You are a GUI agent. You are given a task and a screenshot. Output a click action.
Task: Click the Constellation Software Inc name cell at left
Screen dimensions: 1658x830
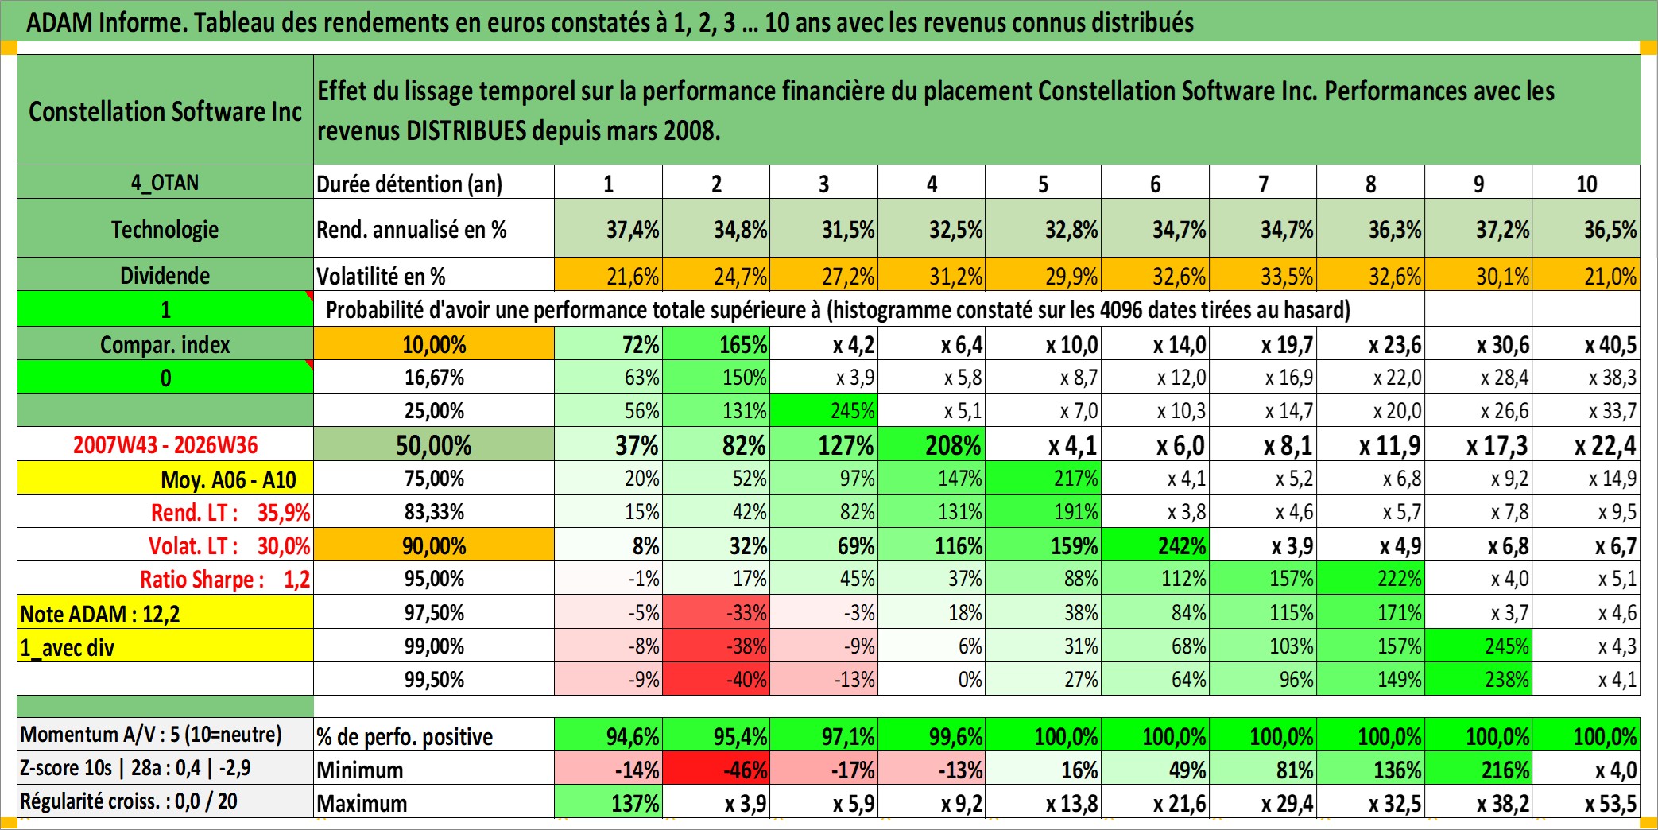tap(165, 110)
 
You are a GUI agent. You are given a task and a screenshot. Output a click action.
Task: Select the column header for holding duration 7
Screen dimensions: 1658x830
tap(1263, 183)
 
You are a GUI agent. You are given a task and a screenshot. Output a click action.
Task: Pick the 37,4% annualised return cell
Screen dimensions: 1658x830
tap(608, 229)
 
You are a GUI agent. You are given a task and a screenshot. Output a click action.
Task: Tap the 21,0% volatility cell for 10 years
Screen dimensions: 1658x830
tap(1586, 275)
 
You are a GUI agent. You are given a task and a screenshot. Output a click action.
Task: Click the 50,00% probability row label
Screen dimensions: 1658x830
tap(434, 445)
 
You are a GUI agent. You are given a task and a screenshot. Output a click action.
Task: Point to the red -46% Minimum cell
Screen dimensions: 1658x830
tap(716, 770)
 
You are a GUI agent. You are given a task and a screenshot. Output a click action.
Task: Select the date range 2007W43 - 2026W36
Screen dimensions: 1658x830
tap(165, 445)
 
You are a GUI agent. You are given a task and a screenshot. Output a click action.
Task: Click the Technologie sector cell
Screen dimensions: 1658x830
tap(165, 229)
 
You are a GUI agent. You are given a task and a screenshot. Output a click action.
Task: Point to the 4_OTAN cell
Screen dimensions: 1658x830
tap(165, 183)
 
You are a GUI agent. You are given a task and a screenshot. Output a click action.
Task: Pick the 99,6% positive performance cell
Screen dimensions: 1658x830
tap(932, 736)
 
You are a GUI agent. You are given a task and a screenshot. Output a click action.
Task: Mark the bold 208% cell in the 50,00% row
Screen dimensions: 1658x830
tap(932, 445)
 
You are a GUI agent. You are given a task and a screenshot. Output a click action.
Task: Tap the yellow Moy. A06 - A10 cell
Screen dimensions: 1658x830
tap(165, 479)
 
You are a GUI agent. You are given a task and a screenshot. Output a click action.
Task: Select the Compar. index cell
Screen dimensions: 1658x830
tap(165, 344)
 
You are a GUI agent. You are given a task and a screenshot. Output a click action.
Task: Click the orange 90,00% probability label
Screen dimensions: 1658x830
tap(434, 545)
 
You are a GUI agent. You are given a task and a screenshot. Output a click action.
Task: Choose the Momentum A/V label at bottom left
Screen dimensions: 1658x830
tap(151, 735)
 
